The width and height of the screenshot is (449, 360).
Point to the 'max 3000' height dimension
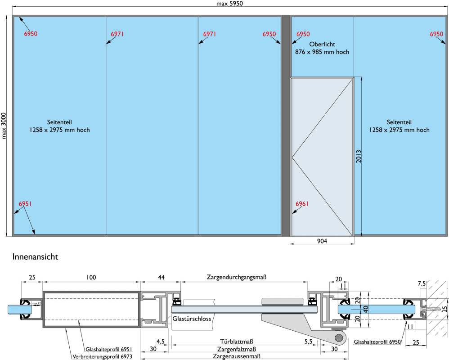pos(4,126)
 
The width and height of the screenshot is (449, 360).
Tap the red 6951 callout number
pos(25,204)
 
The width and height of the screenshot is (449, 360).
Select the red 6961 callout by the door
pos(302,204)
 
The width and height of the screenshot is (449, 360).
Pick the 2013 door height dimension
pos(359,156)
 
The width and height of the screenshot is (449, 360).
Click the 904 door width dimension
pos(322,241)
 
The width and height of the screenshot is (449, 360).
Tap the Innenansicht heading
pos(36,257)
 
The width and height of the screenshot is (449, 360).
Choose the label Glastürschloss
pos(192,319)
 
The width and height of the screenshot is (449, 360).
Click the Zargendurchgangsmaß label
pos(237,277)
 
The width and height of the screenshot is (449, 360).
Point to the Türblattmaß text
pos(238,341)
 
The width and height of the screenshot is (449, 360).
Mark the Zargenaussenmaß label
pos(238,357)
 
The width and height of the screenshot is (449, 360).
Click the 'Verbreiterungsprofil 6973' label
pos(102,356)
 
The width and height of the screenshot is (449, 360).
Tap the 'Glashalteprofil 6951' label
pos(108,349)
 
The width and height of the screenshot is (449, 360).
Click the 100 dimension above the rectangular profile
pos(91,277)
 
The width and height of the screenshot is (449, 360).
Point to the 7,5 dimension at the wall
pos(422,283)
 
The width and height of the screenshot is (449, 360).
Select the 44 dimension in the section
pos(161,277)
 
